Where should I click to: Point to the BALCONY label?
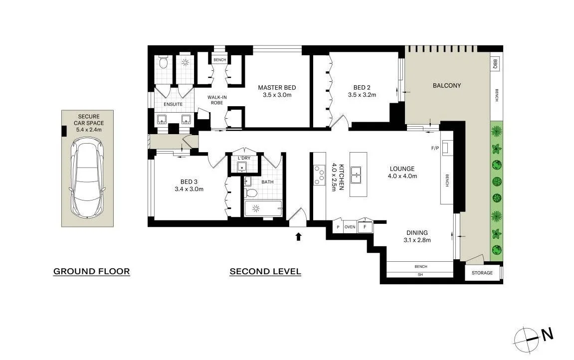click(446, 85)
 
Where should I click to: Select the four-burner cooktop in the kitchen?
click(320, 175)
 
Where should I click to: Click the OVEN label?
click(350, 227)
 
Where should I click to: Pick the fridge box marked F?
click(365, 227)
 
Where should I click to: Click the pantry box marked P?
click(338, 227)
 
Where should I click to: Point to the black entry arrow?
click(298, 236)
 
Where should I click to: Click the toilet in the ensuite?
click(163, 62)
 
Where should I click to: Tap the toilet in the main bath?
click(252, 192)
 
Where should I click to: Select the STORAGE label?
click(482, 273)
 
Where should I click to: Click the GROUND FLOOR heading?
click(91, 272)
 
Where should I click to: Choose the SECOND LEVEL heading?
click(265, 272)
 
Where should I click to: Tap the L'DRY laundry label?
click(244, 158)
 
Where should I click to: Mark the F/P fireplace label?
click(434, 148)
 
